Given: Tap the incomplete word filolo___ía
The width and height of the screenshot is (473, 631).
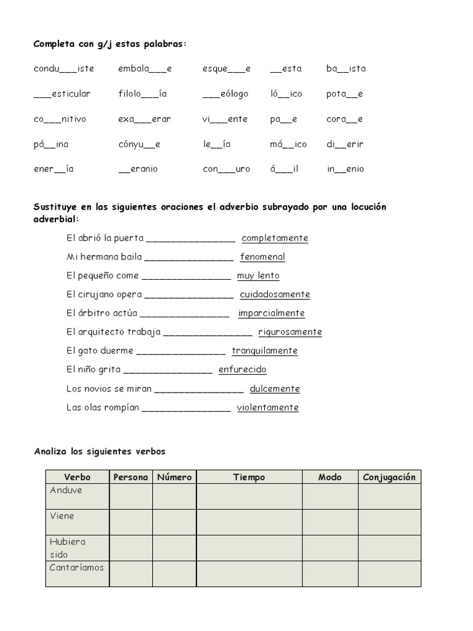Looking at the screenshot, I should click(143, 94).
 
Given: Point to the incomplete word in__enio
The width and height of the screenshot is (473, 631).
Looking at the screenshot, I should click(345, 169).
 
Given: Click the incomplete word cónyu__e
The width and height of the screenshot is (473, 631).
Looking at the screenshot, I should click(139, 144).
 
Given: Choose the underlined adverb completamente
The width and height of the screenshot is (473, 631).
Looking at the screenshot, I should click(275, 238).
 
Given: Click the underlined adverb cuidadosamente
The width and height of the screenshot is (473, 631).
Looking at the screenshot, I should click(275, 295).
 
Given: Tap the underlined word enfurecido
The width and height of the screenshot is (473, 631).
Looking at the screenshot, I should click(242, 370).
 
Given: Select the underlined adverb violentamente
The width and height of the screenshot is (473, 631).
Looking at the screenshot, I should click(267, 407).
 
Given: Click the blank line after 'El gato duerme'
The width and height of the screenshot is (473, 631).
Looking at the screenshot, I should click(180, 352).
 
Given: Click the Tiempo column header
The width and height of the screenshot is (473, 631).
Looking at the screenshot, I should click(249, 477).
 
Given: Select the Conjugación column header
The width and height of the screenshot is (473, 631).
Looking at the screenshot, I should click(389, 477).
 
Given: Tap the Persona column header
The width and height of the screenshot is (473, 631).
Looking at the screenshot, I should click(131, 477).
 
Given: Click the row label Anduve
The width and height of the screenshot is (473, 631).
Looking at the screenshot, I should click(66, 491).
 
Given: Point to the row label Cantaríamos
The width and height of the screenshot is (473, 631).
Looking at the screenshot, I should click(76, 568).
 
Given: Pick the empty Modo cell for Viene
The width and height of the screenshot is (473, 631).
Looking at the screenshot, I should click(330, 522).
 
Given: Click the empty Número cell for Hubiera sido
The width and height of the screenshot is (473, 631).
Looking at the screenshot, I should click(174, 548).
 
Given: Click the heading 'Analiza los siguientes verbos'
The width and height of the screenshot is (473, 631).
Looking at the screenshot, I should click(100, 452).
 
